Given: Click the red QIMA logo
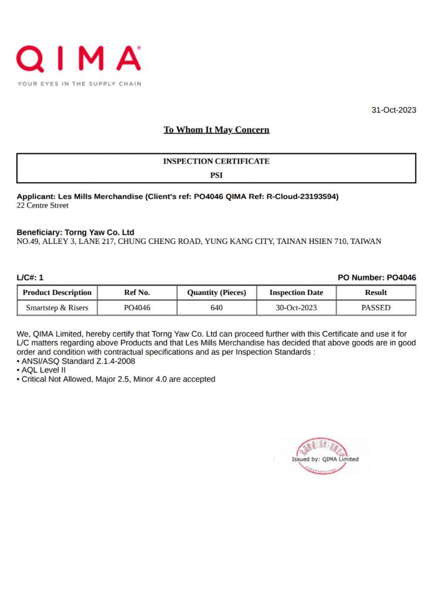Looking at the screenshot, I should [x=79, y=59].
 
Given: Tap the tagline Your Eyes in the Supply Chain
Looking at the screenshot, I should [x=79, y=84].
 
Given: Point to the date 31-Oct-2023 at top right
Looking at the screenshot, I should [x=393, y=110].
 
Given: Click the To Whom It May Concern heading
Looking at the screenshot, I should [x=216, y=130].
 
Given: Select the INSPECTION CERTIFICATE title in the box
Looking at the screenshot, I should [x=216, y=161].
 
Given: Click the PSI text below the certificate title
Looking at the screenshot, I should [x=216, y=175].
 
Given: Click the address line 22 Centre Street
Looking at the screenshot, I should [x=42, y=205].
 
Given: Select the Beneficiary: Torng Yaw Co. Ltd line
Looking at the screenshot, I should [x=75, y=232].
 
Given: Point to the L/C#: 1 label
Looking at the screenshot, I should [x=30, y=277].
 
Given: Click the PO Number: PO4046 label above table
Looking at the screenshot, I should [x=376, y=277].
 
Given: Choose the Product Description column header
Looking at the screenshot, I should [x=57, y=292].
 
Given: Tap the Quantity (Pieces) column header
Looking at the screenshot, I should [x=216, y=292].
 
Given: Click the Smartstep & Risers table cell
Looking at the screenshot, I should [x=57, y=307].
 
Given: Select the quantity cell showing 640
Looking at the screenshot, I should [x=216, y=307].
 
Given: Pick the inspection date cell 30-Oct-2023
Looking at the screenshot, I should [x=296, y=307].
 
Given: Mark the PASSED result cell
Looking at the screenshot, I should [x=376, y=307].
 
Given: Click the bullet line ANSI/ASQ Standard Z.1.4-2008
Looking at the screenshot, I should [x=78, y=361].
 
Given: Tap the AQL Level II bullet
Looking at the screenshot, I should [x=44, y=370].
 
